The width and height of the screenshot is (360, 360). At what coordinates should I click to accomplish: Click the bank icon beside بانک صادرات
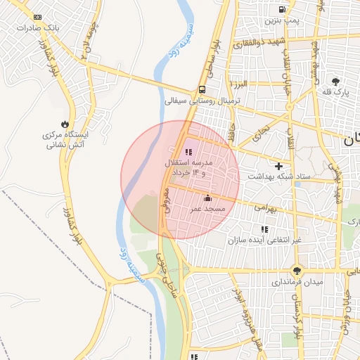[37, 17]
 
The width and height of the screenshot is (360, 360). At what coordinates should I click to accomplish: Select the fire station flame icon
[65, 123]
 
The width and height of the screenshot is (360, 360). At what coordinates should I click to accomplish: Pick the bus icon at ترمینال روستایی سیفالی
[202, 89]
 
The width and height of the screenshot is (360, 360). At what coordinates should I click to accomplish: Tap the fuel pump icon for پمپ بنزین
[282, 10]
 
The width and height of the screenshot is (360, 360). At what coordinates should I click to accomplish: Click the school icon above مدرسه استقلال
[188, 152]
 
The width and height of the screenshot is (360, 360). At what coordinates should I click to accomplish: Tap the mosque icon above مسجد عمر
[207, 198]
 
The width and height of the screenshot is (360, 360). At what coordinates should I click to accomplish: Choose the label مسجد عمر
[207, 210]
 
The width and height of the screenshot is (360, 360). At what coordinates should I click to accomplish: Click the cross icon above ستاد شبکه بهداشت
[279, 167]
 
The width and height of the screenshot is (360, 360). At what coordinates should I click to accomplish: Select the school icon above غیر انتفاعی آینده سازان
[264, 229]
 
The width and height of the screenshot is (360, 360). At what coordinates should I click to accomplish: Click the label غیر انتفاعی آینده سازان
[264, 240]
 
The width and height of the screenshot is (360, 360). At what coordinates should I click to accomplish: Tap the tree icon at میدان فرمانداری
[297, 270]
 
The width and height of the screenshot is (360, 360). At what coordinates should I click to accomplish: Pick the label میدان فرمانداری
[297, 282]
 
